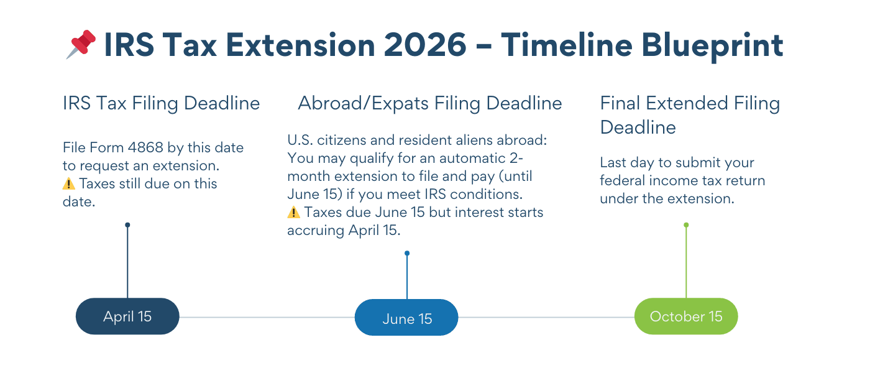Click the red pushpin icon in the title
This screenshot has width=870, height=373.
81,45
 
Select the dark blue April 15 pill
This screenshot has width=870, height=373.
127,316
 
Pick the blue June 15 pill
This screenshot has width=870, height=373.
406,318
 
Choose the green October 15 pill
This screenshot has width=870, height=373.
686,316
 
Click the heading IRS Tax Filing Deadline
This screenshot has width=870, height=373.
161,103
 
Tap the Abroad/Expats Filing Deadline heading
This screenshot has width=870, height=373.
430,103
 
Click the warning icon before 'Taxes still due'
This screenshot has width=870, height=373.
68,184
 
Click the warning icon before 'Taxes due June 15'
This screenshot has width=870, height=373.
293,213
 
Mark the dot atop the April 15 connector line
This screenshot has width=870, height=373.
127,225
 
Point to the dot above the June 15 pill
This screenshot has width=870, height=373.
407,253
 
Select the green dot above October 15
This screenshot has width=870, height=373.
686,225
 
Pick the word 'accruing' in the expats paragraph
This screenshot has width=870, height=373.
316,230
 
